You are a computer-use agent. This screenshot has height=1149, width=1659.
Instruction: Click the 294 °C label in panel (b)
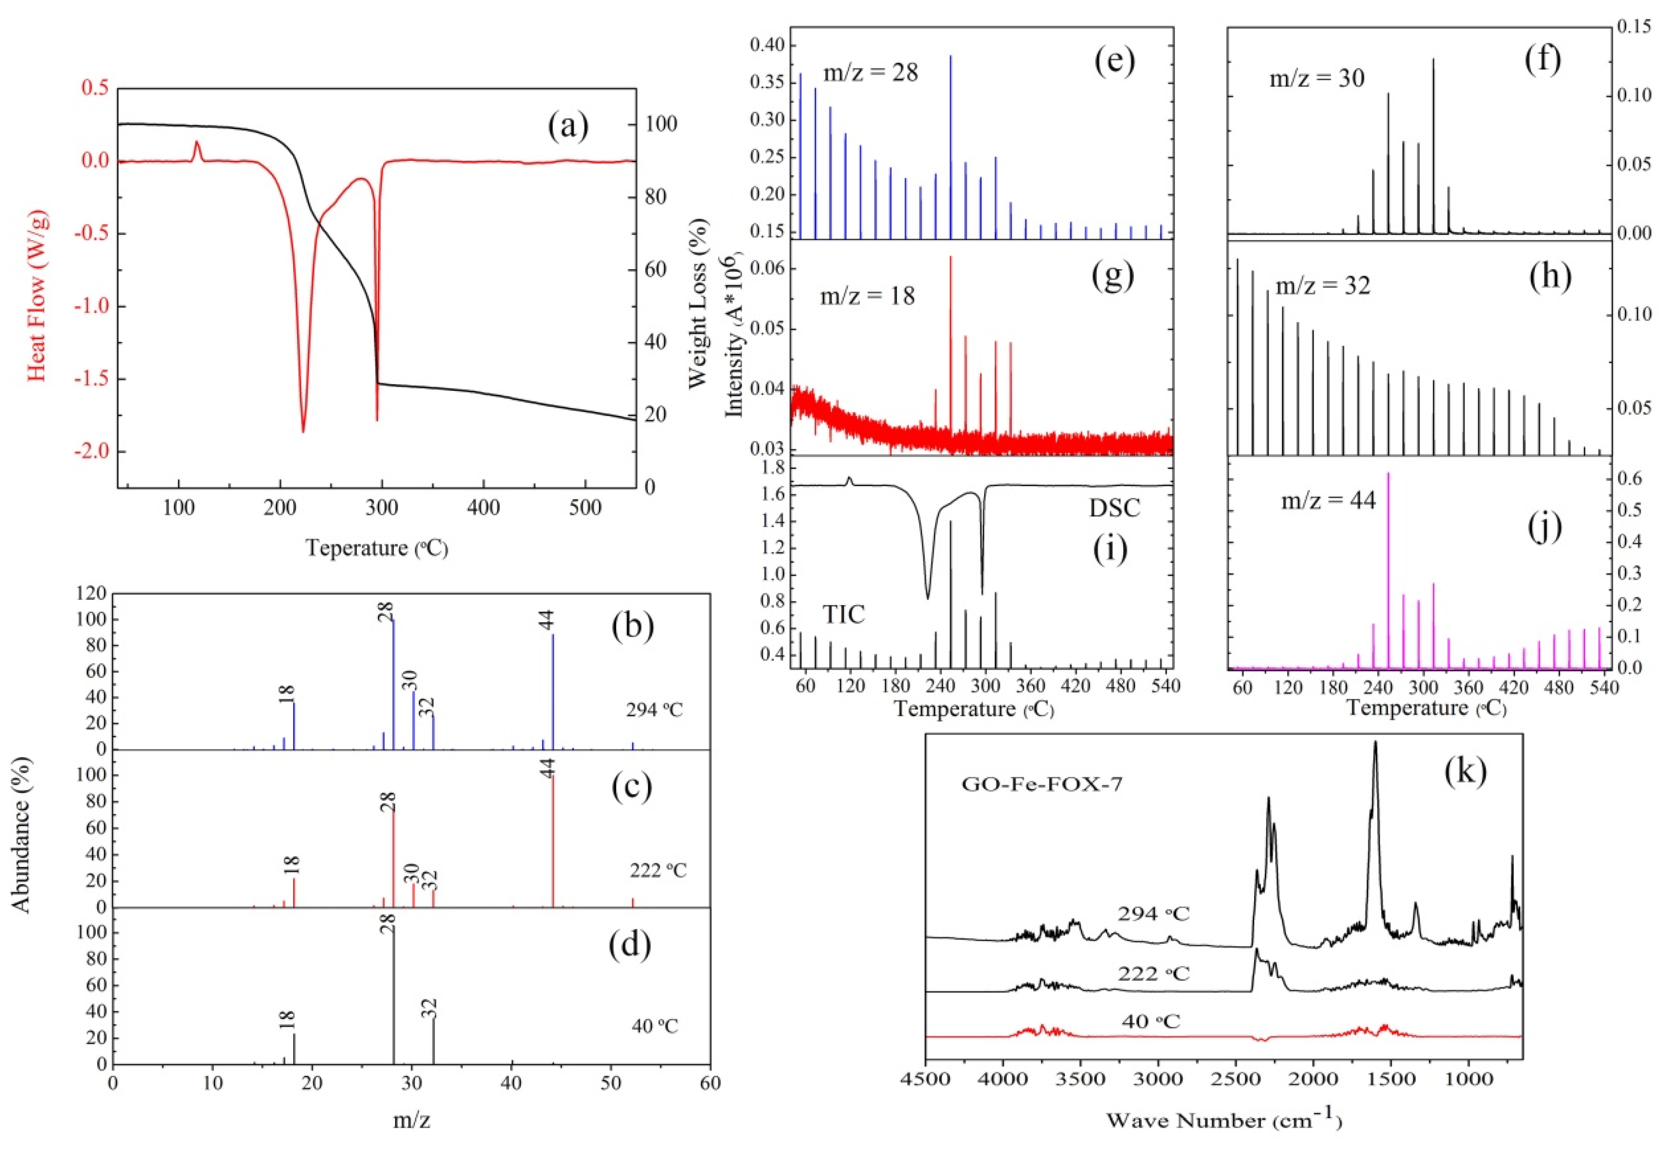pyautogui.click(x=654, y=710)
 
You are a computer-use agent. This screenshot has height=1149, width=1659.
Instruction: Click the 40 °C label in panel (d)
pyautogui.click(x=655, y=1025)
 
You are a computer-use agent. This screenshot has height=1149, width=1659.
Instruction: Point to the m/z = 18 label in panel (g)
pyautogui.click(x=867, y=295)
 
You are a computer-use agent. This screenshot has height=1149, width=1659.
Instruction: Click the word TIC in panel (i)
pyautogui.click(x=843, y=614)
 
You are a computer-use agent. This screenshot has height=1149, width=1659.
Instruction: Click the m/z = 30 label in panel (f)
pyautogui.click(x=1316, y=78)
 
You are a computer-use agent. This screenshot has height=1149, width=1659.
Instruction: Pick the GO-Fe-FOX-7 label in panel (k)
pyautogui.click(x=1041, y=784)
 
